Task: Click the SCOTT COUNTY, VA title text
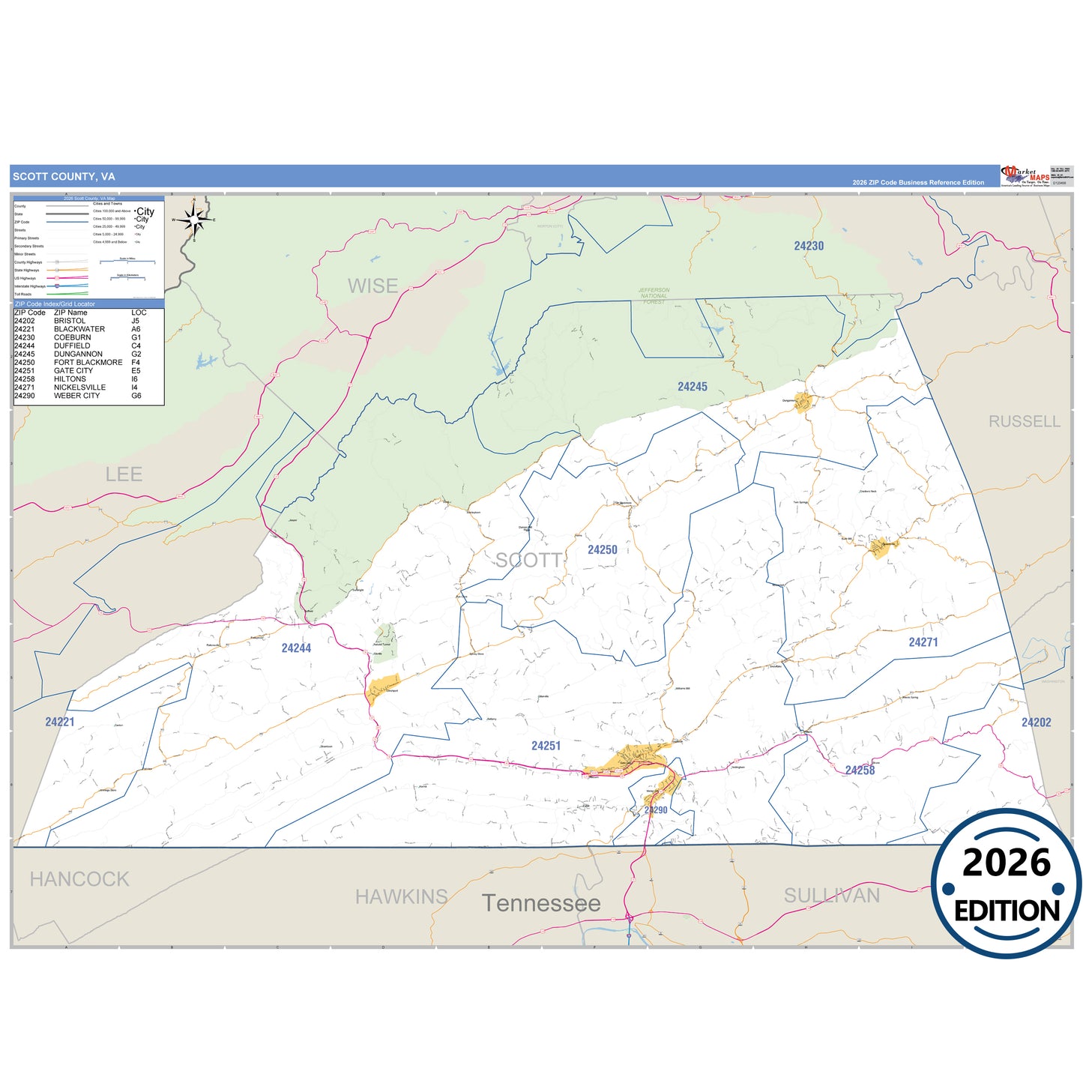point(64,177)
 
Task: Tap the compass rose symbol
point(194,220)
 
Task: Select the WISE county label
point(372,286)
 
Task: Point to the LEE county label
point(124,474)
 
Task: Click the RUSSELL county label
point(1024,422)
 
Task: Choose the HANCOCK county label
point(79,879)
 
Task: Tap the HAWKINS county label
point(401,896)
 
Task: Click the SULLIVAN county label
point(831,896)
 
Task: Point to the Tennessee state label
point(541,904)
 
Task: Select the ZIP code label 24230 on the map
point(809,246)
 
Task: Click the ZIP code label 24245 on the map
point(693,387)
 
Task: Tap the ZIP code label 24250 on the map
point(603,550)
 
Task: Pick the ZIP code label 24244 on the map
point(296,648)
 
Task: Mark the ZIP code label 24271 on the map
point(923,642)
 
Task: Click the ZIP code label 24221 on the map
point(60,722)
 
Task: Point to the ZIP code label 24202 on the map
point(1037,722)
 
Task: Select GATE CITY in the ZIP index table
point(73,371)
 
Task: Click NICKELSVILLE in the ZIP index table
point(79,387)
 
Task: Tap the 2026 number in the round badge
point(1007,863)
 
